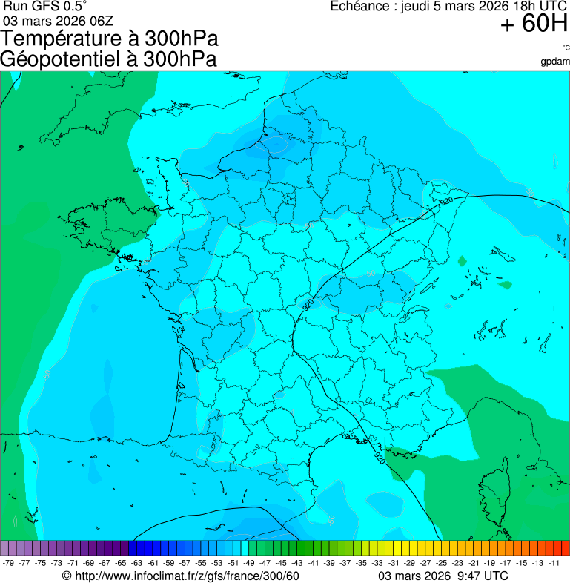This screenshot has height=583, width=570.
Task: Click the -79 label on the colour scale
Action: pyautogui.click(x=9, y=563)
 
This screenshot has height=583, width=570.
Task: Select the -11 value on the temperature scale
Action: pyautogui.click(x=554, y=563)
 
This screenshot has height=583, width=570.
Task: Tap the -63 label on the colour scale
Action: pyautogui.click(x=137, y=563)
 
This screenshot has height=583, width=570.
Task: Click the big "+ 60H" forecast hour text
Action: pyautogui.click(x=534, y=24)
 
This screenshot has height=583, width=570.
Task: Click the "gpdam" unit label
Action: pyautogui.click(x=555, y=62)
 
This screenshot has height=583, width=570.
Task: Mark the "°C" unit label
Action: pyautogui.click(x=566, y=47)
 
